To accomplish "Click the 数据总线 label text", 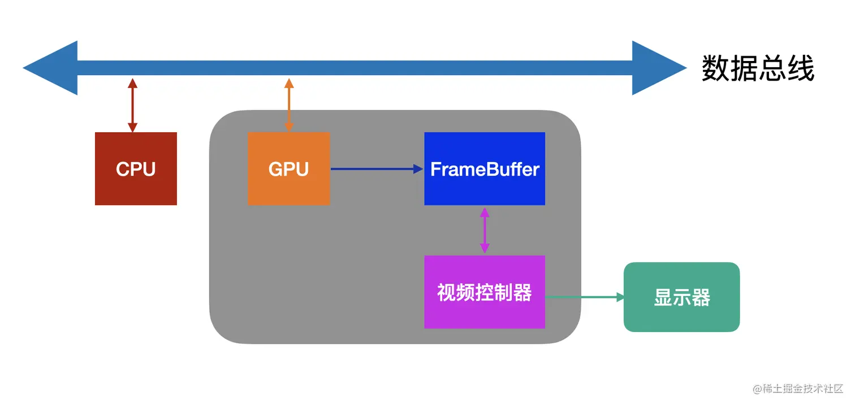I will click(758, 69).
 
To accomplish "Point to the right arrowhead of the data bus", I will click(659, 68).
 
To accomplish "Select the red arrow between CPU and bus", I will click(132, 106).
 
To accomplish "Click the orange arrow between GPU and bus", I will click(289, 106).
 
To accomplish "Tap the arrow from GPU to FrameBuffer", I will click(377, 168).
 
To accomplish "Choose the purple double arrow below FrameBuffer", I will click(484, 230).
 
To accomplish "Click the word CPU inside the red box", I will click(136, 169).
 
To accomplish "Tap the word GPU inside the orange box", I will click(288, 169).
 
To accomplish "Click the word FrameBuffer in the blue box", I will click(485, 169).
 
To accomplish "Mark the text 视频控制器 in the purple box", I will click(485, 293).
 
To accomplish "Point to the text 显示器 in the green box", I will click(681, 298).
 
